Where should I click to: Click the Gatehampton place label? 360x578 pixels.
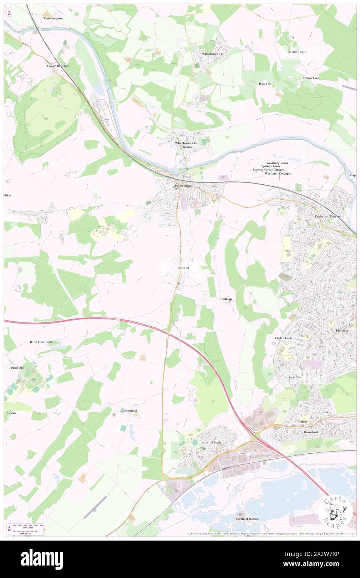(x=53, y=19)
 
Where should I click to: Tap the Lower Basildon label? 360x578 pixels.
(x=58, y=66)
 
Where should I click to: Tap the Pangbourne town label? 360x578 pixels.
(x=183, y=186)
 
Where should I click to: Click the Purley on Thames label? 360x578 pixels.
(x=328, y=217)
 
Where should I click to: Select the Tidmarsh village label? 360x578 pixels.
(x=182, y=268)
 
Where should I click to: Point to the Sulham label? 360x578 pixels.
(x=226, y=299)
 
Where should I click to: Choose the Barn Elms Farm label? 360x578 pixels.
(x=41, y=342)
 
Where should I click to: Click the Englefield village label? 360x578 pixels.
(x=130, y=410)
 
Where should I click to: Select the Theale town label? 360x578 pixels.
(x=216, y=442)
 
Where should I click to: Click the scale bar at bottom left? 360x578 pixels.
(x=27, y=529)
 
